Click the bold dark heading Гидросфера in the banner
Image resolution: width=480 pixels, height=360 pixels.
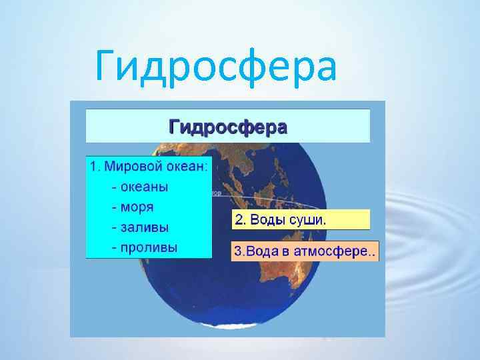point(227,127)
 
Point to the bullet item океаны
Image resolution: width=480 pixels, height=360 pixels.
point(145,187)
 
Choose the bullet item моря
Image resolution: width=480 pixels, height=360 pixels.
point(137,207)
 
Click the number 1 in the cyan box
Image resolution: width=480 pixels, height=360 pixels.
point(93,167)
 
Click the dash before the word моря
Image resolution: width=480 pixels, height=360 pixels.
point(115,207)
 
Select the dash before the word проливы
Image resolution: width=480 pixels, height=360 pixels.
point(115,248)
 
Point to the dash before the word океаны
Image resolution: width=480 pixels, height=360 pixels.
point(115,187)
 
